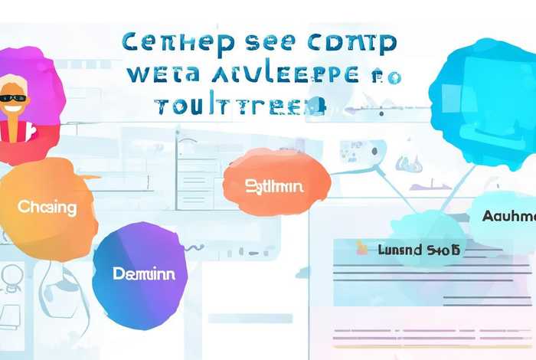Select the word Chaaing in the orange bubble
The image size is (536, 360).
47,207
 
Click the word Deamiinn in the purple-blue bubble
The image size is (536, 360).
143,273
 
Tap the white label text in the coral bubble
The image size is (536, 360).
274,186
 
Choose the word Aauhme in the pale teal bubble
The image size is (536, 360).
508,216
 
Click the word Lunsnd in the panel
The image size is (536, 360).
400,249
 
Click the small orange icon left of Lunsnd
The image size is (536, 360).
362,248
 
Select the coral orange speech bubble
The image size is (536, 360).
276,182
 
